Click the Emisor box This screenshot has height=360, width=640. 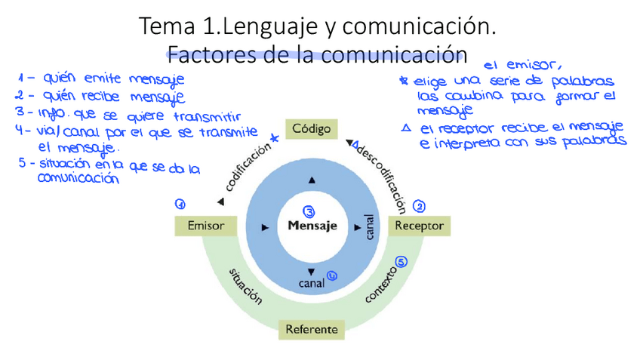coord(206,226)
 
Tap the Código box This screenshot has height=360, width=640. coord(312,129)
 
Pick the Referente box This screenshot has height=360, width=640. coord(312,330)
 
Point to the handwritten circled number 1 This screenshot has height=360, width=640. coord(180,204)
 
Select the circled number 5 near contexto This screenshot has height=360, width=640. coord(402,262)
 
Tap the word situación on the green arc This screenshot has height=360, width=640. coord(245,287)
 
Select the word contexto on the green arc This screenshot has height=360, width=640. coord(380,285)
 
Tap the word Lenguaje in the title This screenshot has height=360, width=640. coord(269,28)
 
